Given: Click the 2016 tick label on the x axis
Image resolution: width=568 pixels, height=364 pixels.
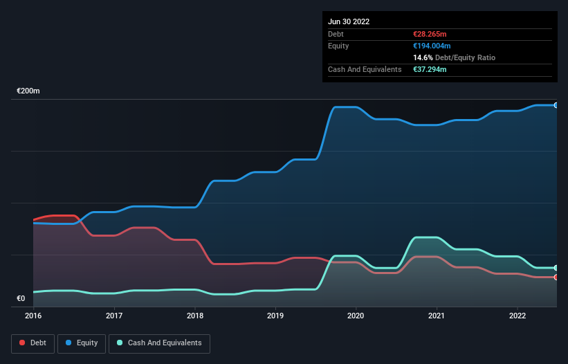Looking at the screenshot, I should (x=33, y=316).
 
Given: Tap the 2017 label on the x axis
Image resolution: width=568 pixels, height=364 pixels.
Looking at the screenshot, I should (x=114, y=316).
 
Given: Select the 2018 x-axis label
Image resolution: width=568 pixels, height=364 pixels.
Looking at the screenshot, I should (x=195, y=316).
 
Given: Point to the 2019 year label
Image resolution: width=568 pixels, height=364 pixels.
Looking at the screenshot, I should (x=275, y=316).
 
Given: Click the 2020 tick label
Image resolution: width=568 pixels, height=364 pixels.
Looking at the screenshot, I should (x=356, y=316).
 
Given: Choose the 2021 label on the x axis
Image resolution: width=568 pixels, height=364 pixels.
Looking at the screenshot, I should (x=437, y=316).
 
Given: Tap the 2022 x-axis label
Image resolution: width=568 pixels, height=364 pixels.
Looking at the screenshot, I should (x=517, y=316).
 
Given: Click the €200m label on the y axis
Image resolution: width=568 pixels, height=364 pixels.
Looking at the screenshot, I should (x=28, y=91).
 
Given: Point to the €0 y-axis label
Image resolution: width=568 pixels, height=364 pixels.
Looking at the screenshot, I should (x=21, y=299).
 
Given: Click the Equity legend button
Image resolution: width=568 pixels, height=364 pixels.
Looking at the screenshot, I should (x=82, y=343).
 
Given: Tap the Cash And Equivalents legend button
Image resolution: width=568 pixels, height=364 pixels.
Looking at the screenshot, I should (x=159, y=343).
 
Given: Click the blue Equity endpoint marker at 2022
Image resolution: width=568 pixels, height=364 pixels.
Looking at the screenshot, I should (x=556, y=105).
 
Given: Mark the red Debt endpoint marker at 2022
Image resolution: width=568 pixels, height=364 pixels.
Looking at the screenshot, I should (x=556, y=277).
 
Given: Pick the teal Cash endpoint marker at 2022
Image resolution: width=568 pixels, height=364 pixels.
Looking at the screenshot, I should (x=556, y=268).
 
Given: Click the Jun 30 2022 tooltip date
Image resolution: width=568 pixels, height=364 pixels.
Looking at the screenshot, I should (x=349, y=21).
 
